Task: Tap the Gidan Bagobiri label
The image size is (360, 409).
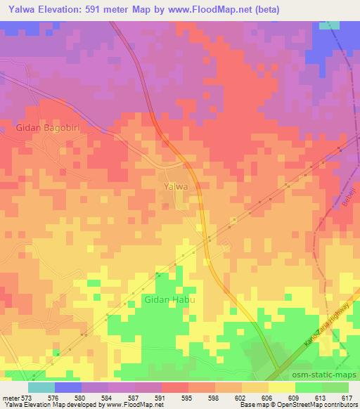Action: click(x=46, y=129)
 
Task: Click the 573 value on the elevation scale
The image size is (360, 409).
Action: click(x=27, y=397)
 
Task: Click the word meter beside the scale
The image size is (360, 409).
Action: click(x=11, y=397)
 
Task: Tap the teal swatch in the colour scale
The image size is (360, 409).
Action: click(x=41, y=387)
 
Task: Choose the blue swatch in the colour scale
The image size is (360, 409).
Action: click(x=68, y=387)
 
